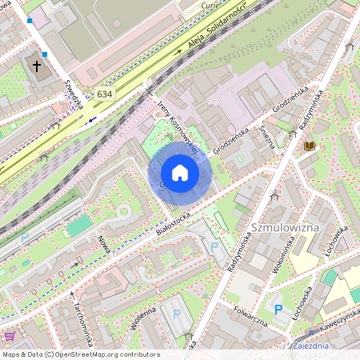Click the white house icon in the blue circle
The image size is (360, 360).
[180, 173]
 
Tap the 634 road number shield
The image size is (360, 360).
[105, 94]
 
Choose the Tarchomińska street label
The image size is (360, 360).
[83, 318]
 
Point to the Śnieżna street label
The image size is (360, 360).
[270, 138]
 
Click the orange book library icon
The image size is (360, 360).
[309, 146]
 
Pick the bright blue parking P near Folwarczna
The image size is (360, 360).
[278, 310]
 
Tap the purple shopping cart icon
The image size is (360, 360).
[10, 336]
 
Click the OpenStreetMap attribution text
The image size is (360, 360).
[81, 354]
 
